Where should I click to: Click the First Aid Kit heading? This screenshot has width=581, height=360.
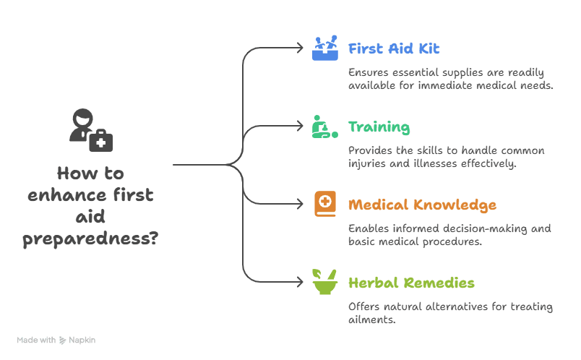click(393, 49)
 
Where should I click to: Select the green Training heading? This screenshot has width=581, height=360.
click(379, 128)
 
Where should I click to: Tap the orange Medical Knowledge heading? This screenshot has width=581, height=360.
click(422, 205)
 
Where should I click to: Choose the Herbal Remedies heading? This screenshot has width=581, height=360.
click(410, 283)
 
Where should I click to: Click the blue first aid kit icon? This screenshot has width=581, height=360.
click(324, 48)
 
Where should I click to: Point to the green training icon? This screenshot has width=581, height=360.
click(324, 127)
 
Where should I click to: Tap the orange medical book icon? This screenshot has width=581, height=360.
click(324, 204)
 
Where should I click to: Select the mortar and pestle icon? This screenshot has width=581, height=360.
click(324, 281)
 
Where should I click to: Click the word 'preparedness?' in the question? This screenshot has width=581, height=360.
click(90, 239)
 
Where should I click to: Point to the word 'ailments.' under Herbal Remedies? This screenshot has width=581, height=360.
click(371, 319)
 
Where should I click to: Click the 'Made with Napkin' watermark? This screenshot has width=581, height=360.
click(56, 340)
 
